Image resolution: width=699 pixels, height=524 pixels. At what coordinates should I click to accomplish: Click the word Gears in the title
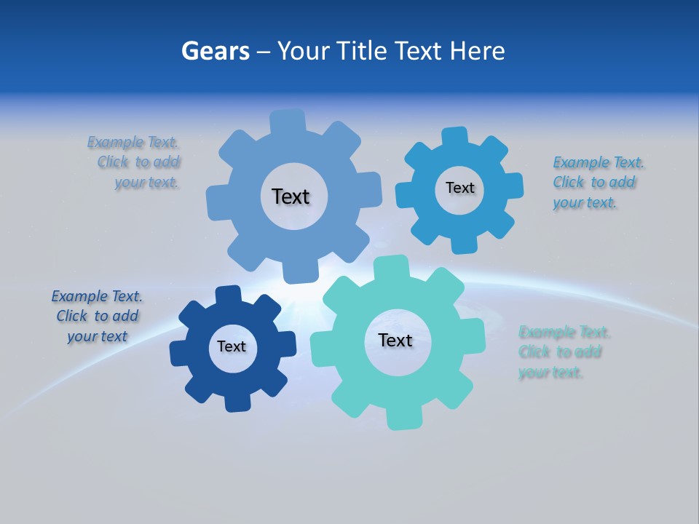coord(215,51)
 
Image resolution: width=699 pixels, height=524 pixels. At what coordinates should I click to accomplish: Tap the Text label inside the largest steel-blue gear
coord(291,196)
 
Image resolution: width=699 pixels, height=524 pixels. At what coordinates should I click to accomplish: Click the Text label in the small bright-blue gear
coord(459,188)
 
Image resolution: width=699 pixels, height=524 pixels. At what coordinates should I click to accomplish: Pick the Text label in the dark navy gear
coord(232,346)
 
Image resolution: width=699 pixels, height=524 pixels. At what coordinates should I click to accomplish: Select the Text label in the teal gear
coord(395,340)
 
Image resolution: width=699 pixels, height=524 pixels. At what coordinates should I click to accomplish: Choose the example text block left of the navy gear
coord(97,316)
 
